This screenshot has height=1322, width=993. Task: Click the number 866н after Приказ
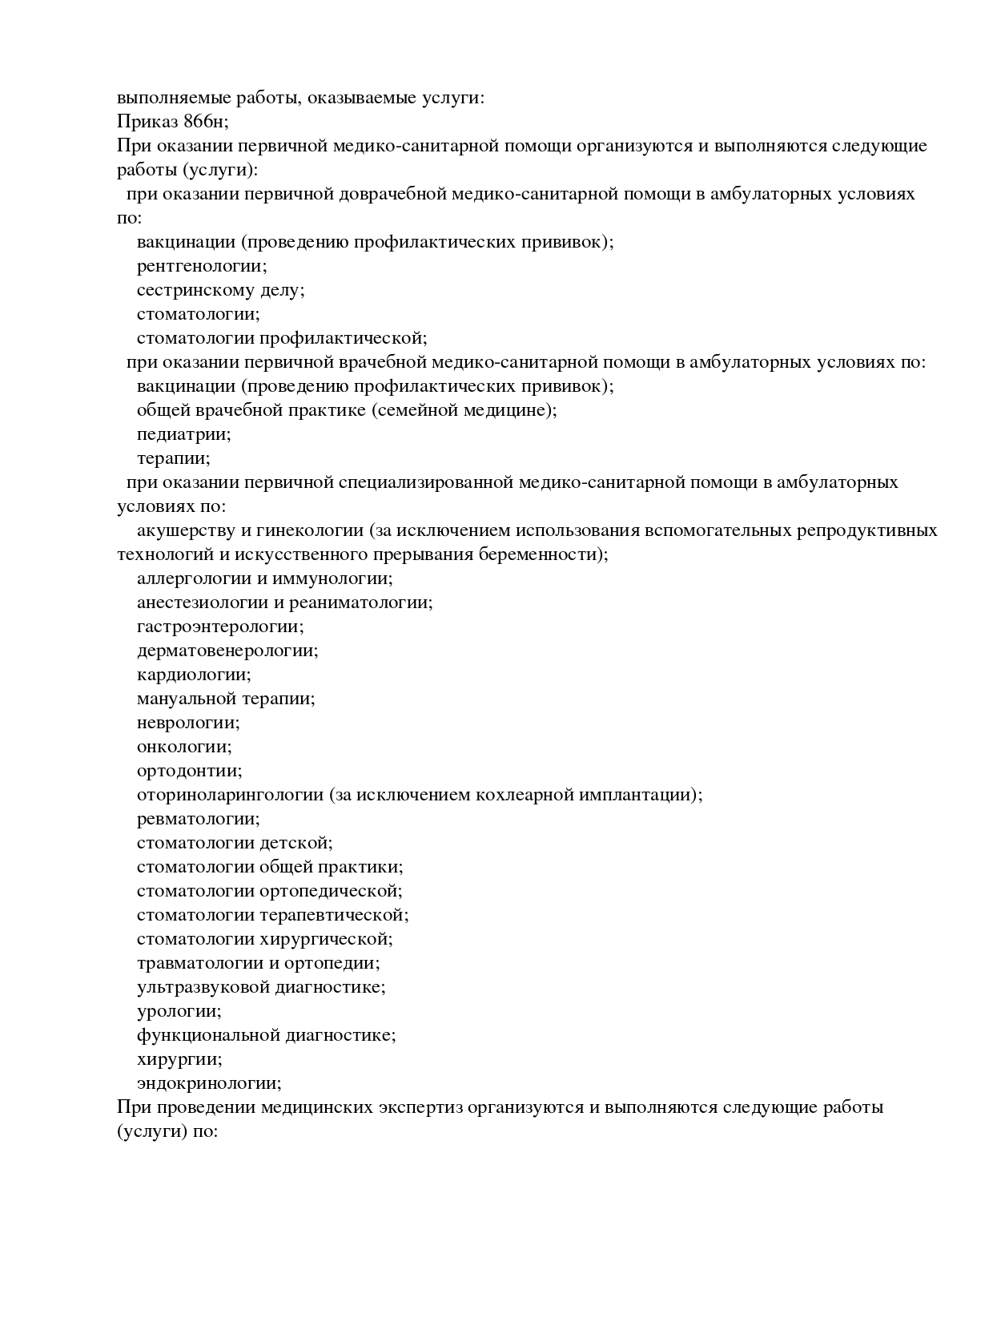(x=205, y=123)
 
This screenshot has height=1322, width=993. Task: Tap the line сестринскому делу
(x=220, y=290)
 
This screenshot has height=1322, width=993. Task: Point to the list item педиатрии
(x=183, y=434)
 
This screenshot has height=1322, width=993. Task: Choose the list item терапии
(x=173, y=458)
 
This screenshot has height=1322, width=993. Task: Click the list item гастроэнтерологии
(x=220, y=627)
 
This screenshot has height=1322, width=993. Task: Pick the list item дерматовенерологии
(x=227, y=651)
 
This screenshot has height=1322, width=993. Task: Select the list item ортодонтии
(x=189, y=771)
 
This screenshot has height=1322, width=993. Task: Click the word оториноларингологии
(x=230, y=795)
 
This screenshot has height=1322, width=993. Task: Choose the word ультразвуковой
(x=203, y=987)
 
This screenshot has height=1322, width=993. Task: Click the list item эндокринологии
(x=209, y=1083)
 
